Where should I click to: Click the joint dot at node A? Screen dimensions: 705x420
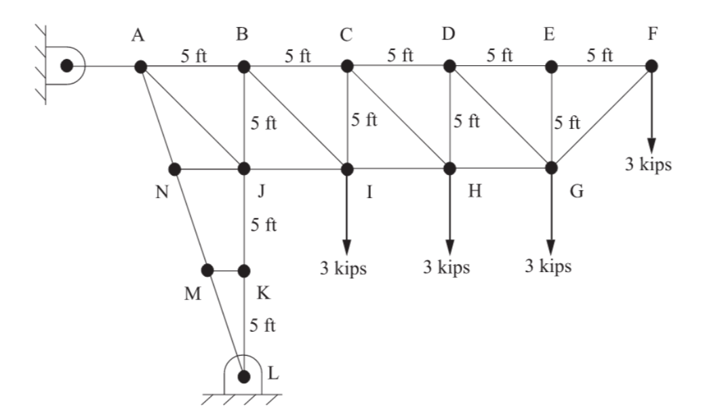click(x=141, y=66)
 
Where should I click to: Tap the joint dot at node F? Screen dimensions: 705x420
click(x=651, y=66)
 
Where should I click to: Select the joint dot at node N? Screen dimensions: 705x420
click(x=174, y=168)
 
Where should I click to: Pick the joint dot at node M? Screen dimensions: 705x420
click(x=208, y=270)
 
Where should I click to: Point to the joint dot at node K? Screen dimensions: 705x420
click(x=244, y=270)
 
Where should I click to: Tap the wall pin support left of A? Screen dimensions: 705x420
click(x=66, y=66)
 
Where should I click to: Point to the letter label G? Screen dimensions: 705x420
click(x=576, y=192)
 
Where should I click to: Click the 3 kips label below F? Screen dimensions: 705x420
click(x=648, y=166)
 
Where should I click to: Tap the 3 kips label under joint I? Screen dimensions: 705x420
click(x=344, y=267)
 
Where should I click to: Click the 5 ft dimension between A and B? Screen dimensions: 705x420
click(x=194, y=56)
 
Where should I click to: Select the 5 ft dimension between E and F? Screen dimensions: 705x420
click(x=601, y=56)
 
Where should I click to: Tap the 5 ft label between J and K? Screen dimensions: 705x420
click(x=262, y=225)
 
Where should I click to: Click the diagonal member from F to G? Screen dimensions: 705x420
click(x=601, y=116)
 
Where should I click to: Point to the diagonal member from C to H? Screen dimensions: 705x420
click(x=397, y=116)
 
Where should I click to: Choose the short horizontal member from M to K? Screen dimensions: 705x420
click(x=226, y=270)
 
